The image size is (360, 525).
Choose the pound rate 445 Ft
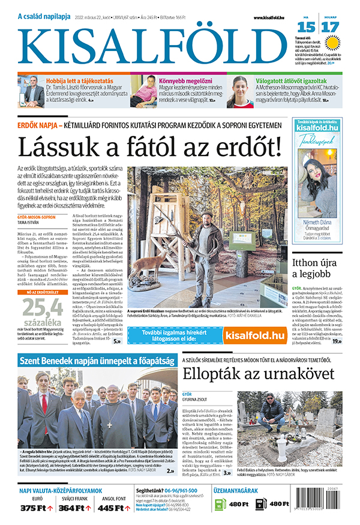[x=115, y=508]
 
